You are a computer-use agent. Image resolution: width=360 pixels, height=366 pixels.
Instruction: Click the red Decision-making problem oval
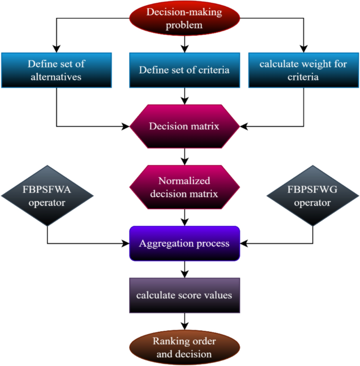click(x=184, y=19)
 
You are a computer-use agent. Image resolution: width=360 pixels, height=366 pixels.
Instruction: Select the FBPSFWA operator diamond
click(x=47, y=196)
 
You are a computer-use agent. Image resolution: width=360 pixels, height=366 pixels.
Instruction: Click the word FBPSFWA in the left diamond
click(x=47, y=190)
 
